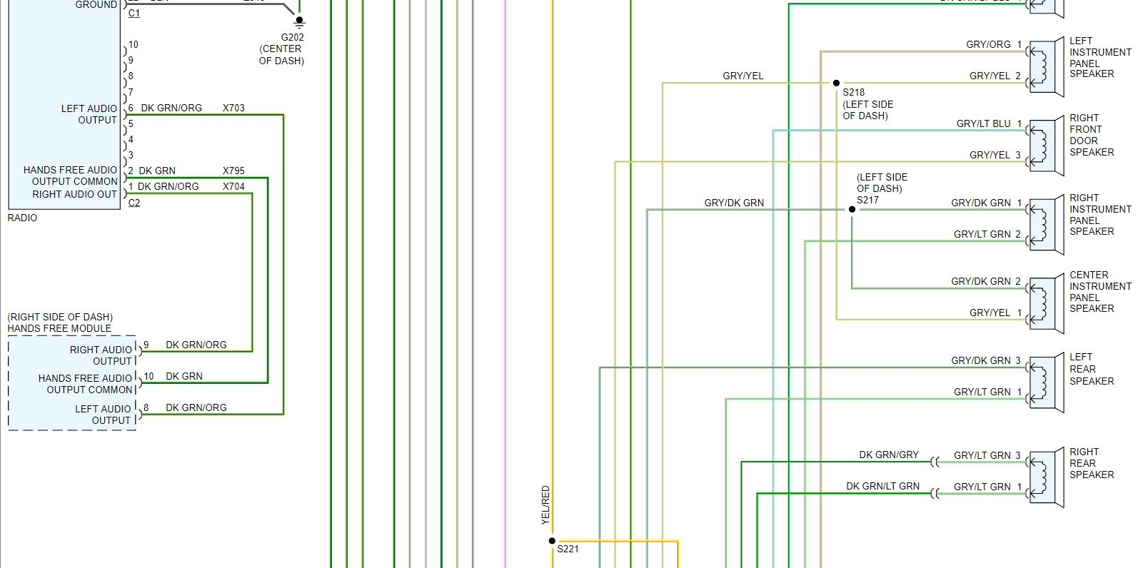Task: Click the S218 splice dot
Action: point(836,83)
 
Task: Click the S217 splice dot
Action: point(852,209)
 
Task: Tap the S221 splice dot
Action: point(552,541)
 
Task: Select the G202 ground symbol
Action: point(300,22)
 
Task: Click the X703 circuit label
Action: point(233,108)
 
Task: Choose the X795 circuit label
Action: point(233,171)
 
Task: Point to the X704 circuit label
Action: point(233,187)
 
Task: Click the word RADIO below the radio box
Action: point(22,218)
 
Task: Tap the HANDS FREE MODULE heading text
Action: point(59,328)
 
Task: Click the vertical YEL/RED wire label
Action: point(545,505)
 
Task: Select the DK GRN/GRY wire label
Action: point(889,455)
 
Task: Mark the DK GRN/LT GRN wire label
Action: point(882,487)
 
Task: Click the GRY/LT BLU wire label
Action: point(984,124)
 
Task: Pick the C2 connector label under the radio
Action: point(134,203)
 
